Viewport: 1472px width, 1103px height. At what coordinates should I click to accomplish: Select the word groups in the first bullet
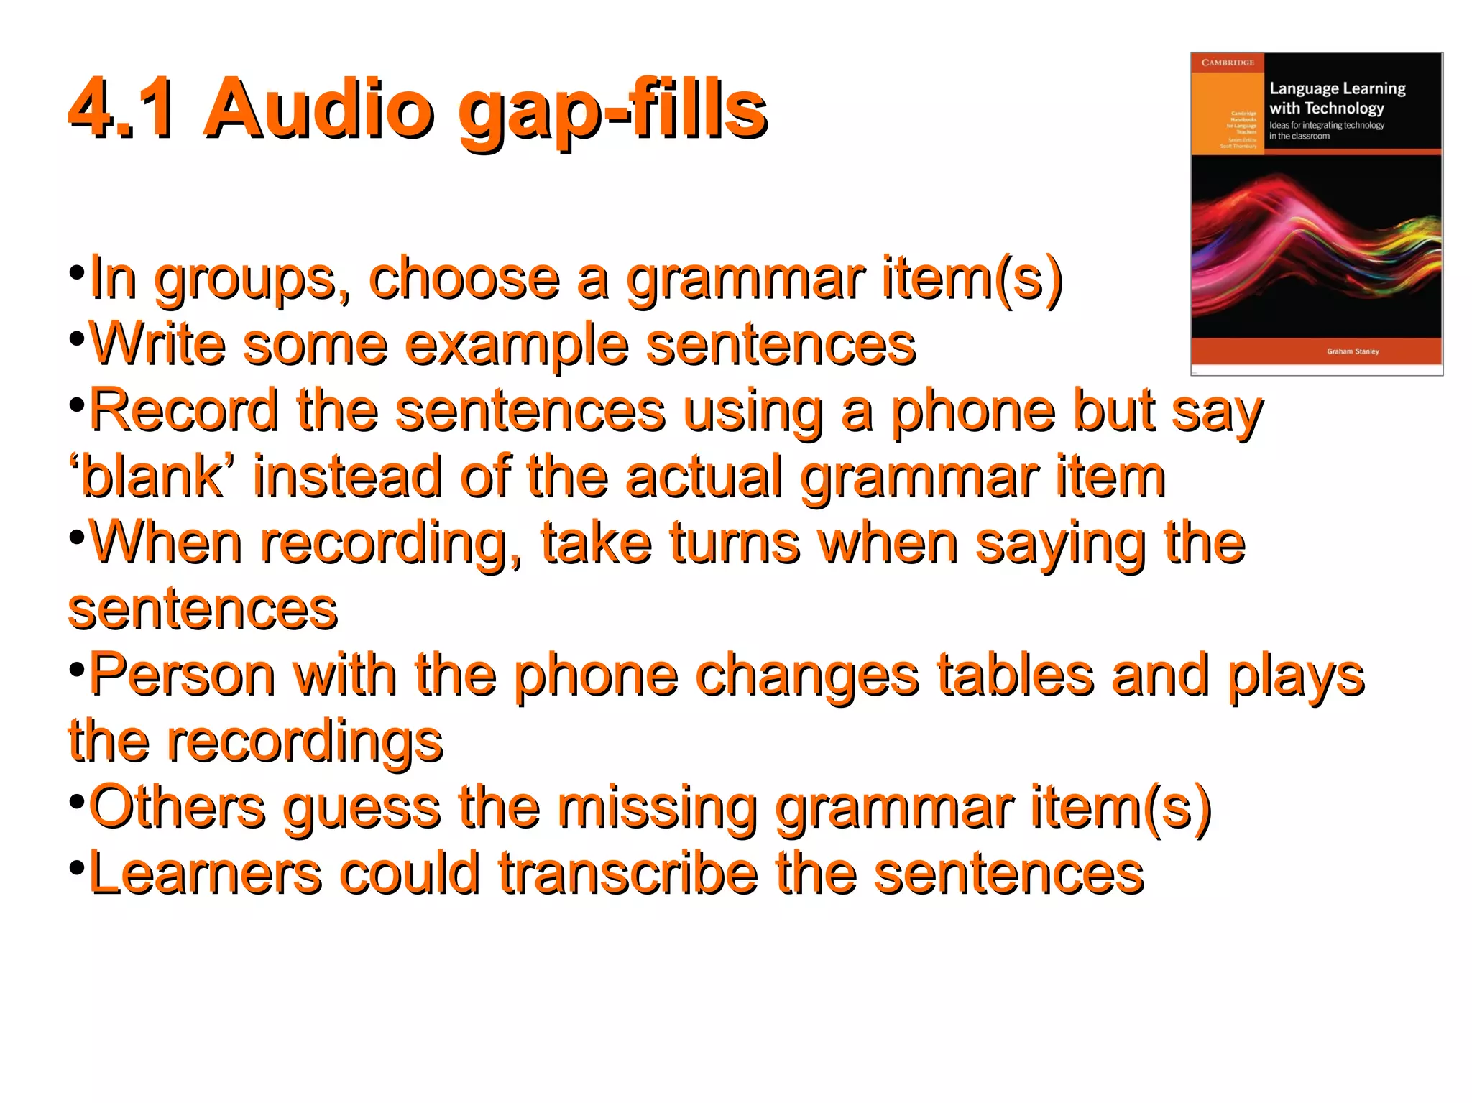point(251,280)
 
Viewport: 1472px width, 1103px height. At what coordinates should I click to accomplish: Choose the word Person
point(182,675)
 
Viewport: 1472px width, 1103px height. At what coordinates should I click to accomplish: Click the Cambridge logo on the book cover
point(1228,63)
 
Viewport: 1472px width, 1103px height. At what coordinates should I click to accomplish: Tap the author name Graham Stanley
point(1353,351)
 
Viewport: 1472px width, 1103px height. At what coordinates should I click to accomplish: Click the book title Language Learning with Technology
point(1336,98)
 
